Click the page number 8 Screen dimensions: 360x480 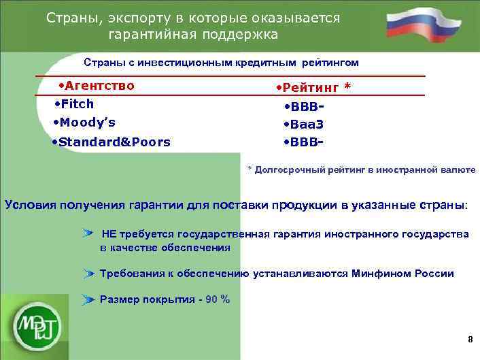click(x=470, y=340)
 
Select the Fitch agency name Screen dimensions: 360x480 click(x=77, y=104)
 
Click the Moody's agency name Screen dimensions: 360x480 click(x=87, y=122)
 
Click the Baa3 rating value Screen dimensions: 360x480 click(x=307, y=125)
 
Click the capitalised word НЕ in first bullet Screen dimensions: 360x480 click(x=109, y=234)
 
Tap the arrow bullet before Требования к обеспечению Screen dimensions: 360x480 click(x=88, y=274)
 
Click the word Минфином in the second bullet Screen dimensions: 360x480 click(x=379, y=274)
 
